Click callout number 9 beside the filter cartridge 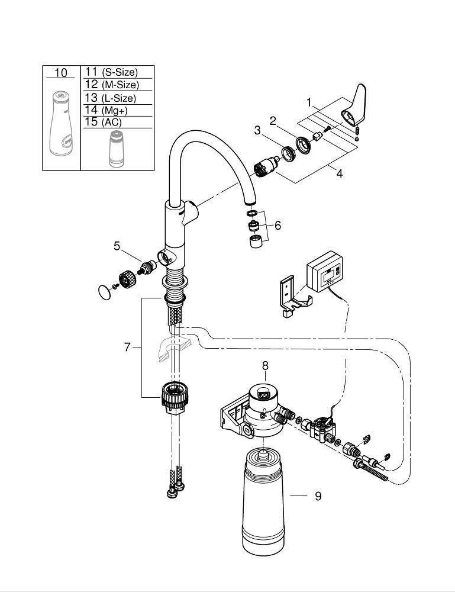pyautogui.click(x=318, y=496)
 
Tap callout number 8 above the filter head pyautogui.click(x=265, y=365)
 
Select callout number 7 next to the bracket pyautogui.click(x=127, y=347)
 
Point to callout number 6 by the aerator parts pyautogui.click(x=277, y=226)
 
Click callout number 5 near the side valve pyautogui.click(x=117, y=246)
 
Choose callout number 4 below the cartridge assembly pyautogui.click(x=340, y=173)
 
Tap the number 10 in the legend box pyautogui.click(x=61, y=72)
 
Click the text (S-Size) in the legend pyautogui.click(x=120, y=72)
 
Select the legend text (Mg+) pyautogui.click(x=115, y=111)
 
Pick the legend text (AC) pyautogui.click(x=112, y=123)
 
